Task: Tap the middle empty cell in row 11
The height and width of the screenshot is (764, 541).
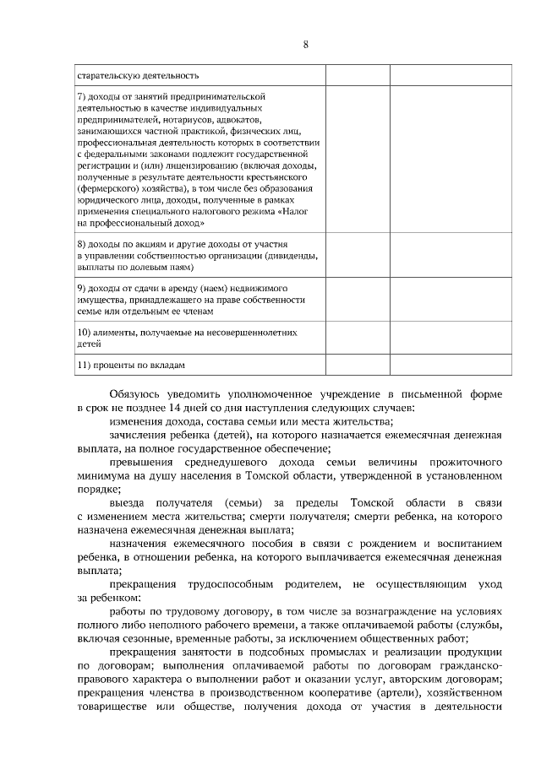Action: click(356, 365)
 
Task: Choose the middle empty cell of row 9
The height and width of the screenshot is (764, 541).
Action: click(356, 299)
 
